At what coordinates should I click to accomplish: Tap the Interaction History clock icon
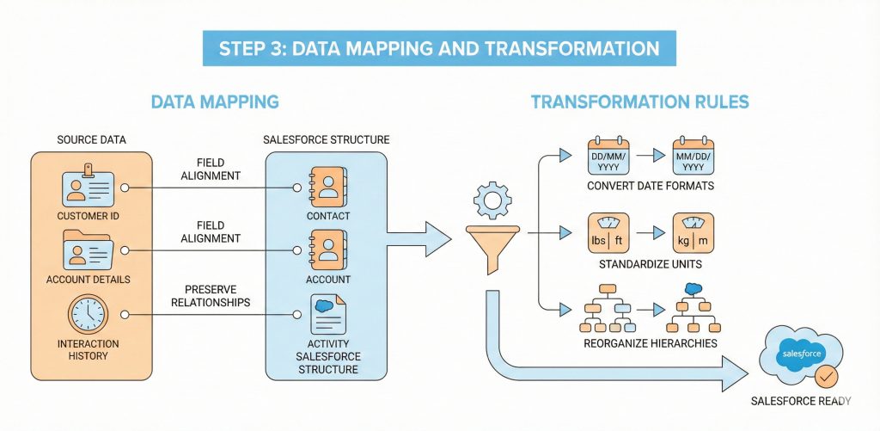click(89, 314)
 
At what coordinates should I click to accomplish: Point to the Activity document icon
click(328, 314)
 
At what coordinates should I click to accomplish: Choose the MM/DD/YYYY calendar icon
click(694, 155)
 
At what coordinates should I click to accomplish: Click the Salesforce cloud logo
click(800, 354)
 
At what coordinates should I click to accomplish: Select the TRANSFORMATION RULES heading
click(639, 102)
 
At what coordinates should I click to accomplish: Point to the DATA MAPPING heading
click(215, 102)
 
